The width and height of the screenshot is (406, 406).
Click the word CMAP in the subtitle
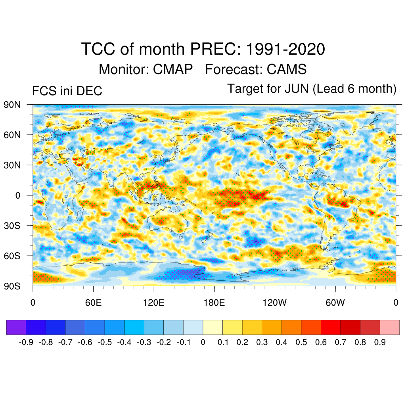pos(173,69)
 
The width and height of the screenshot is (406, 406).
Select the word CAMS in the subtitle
pos(287,69)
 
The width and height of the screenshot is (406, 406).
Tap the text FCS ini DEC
pos(67,91)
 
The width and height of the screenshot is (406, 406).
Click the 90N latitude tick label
pos(12,105)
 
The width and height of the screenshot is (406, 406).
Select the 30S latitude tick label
pos(12,225)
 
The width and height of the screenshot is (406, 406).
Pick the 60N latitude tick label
pos(12,135)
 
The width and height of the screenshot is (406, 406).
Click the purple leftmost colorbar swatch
pos(16,327)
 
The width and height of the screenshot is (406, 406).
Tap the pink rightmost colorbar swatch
pos(390,327)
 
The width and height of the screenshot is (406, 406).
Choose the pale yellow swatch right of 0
pos(213,327)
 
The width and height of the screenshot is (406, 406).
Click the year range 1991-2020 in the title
pos(285,50)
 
